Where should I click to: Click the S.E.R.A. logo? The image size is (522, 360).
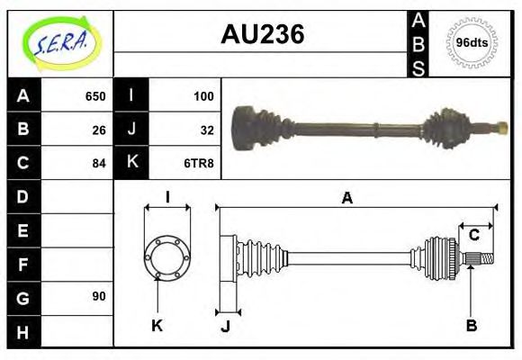point(59,43)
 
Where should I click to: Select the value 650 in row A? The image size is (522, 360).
point(95,96)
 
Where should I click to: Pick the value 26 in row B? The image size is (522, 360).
point(99,130)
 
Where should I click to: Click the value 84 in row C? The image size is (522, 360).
point(99,163)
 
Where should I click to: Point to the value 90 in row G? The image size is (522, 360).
point(99,296)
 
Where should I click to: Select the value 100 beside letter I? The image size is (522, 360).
point(203,96)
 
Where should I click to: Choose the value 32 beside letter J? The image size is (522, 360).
point(207,130)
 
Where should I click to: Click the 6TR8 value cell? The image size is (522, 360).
point(200,163)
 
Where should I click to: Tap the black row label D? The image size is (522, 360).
point(23,196)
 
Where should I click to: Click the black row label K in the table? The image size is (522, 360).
point(131,163)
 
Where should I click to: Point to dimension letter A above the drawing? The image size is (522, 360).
point(346,199)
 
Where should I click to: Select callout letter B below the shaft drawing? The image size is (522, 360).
point(471,324)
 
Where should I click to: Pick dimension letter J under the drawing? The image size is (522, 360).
point(225,326)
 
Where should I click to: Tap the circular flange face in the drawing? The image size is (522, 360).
point(166,257)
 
